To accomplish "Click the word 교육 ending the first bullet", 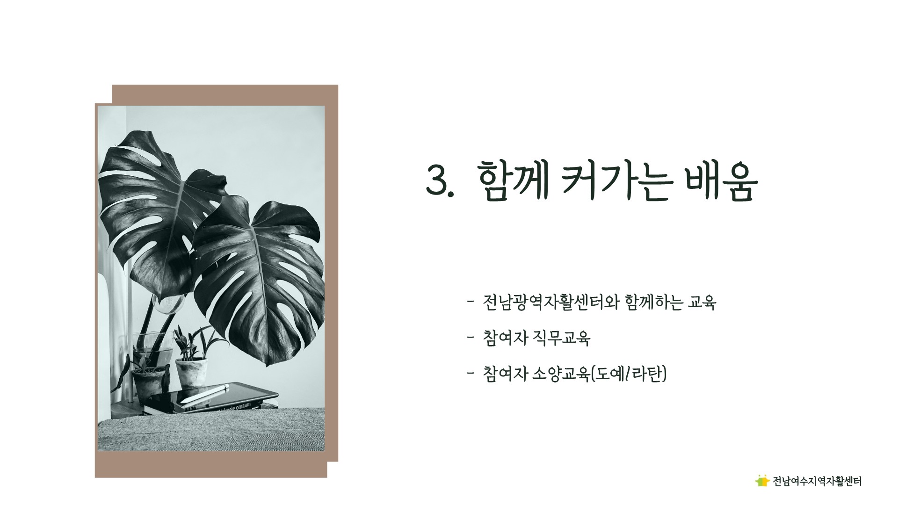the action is click(x=702, y=303).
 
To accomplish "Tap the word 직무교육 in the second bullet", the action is click(x=562, y=338).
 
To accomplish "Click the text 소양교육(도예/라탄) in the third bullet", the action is click(x=600, y=374).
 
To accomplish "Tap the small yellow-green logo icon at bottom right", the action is click(x=762, y=480).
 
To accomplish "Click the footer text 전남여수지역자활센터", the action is click(x=817, y=481).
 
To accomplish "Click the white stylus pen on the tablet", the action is click(x=204, y=394).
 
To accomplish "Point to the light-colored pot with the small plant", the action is click(x=191, y=373).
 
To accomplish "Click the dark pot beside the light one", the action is click(x=149, y=385).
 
